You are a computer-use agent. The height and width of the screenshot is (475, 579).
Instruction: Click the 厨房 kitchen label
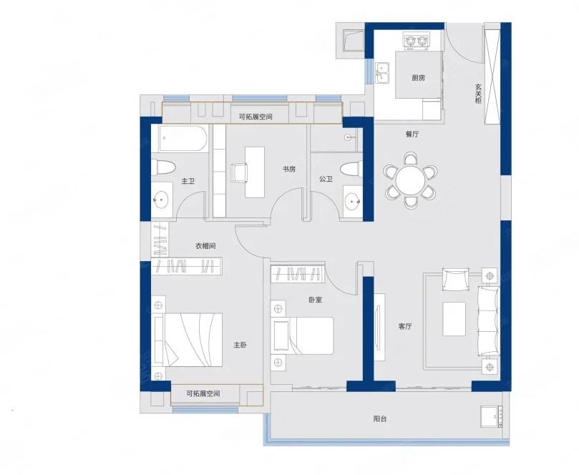419,78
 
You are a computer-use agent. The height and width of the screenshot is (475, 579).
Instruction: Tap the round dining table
410,181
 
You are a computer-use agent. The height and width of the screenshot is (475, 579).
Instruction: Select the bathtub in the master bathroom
183,138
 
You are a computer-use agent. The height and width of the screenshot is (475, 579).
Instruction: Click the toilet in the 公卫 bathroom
351,170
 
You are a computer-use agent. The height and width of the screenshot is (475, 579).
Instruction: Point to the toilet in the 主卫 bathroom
165,168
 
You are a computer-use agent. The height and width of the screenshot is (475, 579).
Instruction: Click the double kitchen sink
381,72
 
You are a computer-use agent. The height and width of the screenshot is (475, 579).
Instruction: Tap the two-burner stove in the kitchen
417,41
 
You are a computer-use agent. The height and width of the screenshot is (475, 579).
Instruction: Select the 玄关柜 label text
479,94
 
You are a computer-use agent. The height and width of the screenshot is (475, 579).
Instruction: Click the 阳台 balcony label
380,419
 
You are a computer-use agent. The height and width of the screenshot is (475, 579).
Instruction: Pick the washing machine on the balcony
492,416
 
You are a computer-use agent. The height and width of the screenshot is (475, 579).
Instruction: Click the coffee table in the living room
454,319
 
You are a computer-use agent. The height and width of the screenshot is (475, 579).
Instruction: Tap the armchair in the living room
456,280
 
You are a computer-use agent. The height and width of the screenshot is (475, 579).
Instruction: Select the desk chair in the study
239,172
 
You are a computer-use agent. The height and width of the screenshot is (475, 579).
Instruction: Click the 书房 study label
289,170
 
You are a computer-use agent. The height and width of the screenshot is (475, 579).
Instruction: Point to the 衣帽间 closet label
205,246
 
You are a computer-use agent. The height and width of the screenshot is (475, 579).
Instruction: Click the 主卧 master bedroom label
240,345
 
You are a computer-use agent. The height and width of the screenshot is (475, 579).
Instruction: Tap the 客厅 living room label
405,326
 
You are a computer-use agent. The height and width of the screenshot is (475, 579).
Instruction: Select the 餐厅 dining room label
412,134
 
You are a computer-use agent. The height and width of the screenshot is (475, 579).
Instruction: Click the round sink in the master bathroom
162,200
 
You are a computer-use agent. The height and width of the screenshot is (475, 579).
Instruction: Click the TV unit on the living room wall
379,327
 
